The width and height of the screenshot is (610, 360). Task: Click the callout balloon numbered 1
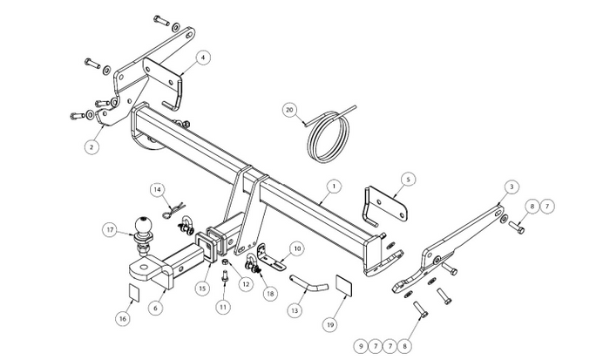coord(334,187)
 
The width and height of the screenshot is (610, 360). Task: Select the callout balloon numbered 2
coord(91,147)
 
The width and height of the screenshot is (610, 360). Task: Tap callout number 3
coord(512,187)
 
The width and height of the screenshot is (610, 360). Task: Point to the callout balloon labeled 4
coord(203,58)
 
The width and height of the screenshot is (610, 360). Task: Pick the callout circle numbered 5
coord(408,180)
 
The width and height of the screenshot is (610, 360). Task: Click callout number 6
coord(156,308)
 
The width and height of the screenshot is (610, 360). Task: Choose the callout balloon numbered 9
coord(361,346)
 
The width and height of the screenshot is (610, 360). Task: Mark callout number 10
coord(297,248)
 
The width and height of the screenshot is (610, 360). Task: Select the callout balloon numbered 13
coord(295,310)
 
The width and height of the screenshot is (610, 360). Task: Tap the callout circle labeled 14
coord(157,189)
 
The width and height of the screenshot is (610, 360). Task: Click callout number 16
coord(123,319)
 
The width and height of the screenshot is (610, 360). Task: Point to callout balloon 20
coord(289,110)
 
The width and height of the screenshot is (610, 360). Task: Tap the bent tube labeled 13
coord(309,284)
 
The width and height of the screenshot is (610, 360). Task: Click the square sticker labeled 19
coord(344,285)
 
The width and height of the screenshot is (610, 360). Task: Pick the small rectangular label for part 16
coord(133,292)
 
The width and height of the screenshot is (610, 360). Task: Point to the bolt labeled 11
coord(225,277)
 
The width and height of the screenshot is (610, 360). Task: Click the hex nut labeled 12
coord(225,262)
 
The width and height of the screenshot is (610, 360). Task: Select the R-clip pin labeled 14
coord(172,210)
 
